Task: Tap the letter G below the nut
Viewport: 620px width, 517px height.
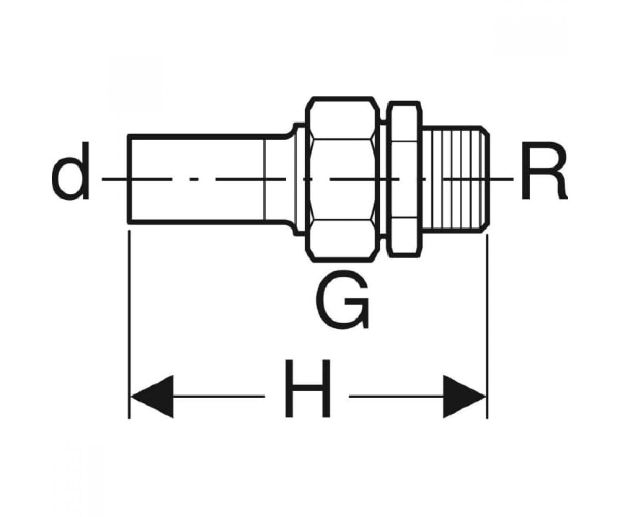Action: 343,299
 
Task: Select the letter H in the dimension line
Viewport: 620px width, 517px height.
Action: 307,388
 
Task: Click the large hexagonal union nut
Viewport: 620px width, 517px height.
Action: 343,179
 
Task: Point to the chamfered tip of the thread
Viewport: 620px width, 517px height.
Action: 485,179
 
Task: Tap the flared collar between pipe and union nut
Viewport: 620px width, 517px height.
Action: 299,179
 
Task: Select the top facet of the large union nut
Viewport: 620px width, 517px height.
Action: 343,119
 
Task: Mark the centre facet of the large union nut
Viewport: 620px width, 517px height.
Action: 343,179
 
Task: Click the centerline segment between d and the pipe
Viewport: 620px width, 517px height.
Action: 115,179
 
